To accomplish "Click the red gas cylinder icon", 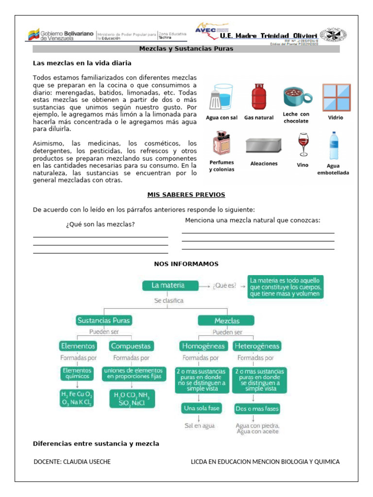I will click(x=258, y=97).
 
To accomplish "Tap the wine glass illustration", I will click(x=304, y=144).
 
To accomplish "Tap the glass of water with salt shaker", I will click(x=221, y=97).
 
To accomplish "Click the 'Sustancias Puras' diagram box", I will click(x=104, y=320).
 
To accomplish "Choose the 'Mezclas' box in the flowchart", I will click(x=226, y=320).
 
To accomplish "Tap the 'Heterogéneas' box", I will click(x=256, y=346).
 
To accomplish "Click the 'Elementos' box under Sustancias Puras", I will click(x=78, y=346).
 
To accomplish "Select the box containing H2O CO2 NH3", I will click(x=132, y=398).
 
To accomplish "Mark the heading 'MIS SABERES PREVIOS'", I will click(x=186, y=195).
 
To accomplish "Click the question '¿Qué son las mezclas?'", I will click(x=100, y=224).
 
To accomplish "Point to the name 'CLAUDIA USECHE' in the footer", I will click(x=87, y=462).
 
